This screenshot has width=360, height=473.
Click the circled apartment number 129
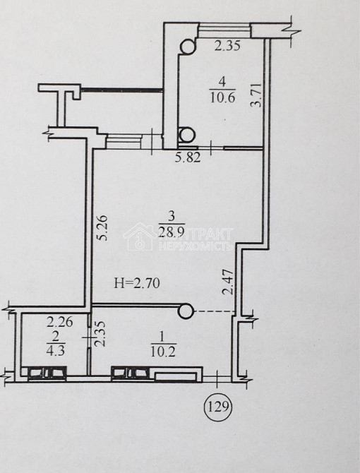217,407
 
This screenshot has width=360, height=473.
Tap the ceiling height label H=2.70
137,283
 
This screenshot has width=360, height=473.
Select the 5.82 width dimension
188,157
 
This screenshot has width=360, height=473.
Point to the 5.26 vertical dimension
102,227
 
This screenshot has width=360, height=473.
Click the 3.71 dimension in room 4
256,95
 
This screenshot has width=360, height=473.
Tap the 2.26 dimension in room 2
60,322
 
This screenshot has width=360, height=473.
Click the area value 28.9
172,232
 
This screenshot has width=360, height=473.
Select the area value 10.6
222,98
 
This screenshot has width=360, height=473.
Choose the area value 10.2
163,352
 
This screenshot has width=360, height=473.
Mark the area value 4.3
56,351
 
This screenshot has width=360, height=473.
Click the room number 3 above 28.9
172,216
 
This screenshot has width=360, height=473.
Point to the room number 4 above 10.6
222,82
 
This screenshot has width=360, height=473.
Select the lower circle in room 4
187,134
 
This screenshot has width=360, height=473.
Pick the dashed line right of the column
215,311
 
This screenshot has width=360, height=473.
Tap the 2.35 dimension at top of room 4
227,46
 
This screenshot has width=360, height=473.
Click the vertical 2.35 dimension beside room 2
101,333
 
